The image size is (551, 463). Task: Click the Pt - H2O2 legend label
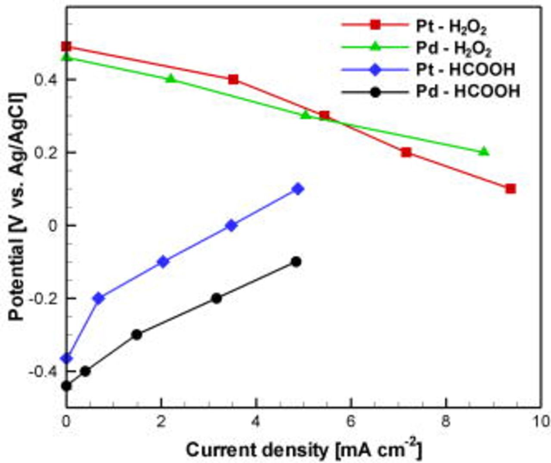coord(451,27)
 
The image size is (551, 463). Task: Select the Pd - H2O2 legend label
coord(453,48)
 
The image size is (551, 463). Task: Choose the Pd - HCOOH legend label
coord(468,91)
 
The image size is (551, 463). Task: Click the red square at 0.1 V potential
coord(511,189)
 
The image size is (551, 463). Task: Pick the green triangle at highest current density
coord(484,151)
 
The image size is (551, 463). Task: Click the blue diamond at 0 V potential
coord(232,225)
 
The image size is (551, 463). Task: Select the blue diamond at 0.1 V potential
coord(297,189)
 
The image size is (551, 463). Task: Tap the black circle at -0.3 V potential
coord(137,334)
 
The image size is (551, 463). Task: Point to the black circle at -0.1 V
coord(296,262)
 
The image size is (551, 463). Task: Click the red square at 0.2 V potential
coord(406,152)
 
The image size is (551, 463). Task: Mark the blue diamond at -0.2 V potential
coord(99,298)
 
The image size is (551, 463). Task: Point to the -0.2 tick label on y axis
coord(46,298)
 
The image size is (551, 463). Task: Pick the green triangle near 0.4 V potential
coord(171,78)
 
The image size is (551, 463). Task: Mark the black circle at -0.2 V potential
coord(217,298)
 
